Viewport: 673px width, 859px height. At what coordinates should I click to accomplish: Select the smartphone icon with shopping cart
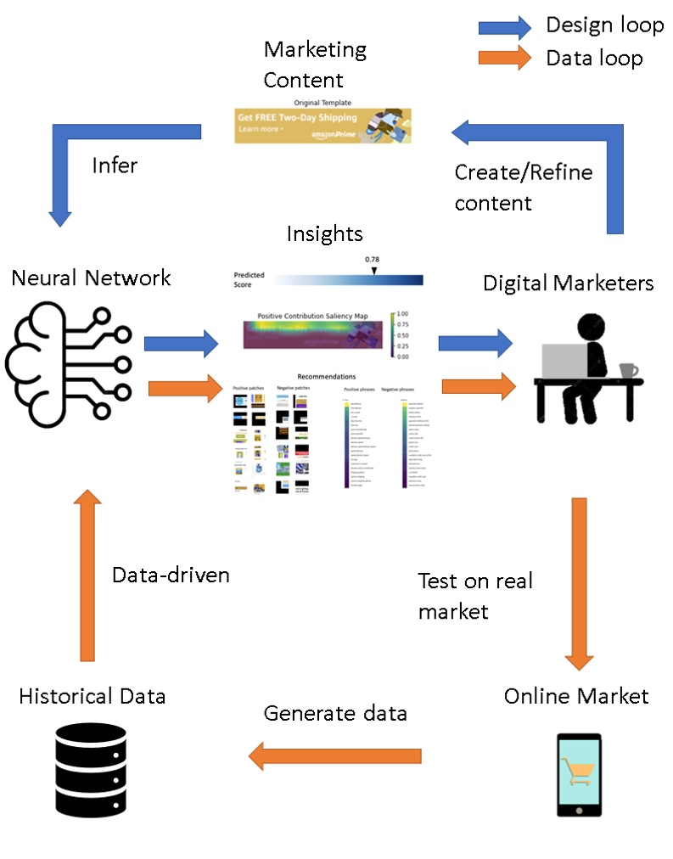[579, 775]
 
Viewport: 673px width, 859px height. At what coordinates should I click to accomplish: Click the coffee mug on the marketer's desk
[628, 371]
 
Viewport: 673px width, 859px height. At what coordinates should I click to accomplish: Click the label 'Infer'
[115, 165]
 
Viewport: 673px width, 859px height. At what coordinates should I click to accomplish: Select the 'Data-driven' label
[171, 575]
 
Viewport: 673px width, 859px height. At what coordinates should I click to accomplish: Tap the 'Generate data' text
[335, 713]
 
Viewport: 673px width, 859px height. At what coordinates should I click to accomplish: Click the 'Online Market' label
[576, 696]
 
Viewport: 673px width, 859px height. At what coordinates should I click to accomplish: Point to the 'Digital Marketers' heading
[569, 283]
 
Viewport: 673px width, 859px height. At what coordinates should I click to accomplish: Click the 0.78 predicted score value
[371, 259]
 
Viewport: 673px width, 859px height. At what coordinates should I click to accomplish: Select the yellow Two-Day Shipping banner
[322, 125]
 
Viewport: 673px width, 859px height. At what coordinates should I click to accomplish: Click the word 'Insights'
[324, 234]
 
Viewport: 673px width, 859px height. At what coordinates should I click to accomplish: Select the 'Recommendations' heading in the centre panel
[327, 376]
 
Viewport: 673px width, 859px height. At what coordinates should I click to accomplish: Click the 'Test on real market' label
[475, 595]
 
